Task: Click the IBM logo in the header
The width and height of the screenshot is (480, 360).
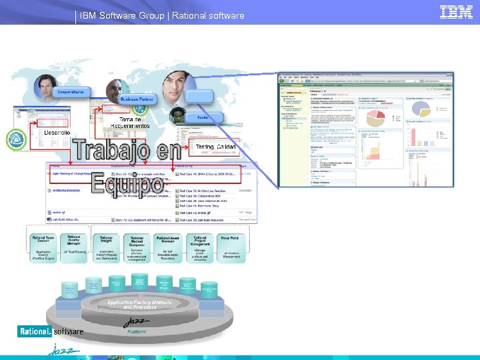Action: pos(457,13)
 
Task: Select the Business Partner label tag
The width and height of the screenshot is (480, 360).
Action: pos(137,99)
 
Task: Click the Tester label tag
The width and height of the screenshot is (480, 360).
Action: pos(202,117)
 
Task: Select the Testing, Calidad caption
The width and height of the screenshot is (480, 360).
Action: pos(215,146)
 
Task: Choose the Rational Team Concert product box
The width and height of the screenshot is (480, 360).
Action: pos(44,247)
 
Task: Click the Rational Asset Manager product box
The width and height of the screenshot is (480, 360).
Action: pos(169,247)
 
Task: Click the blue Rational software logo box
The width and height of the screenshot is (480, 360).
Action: pos(34,331)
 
